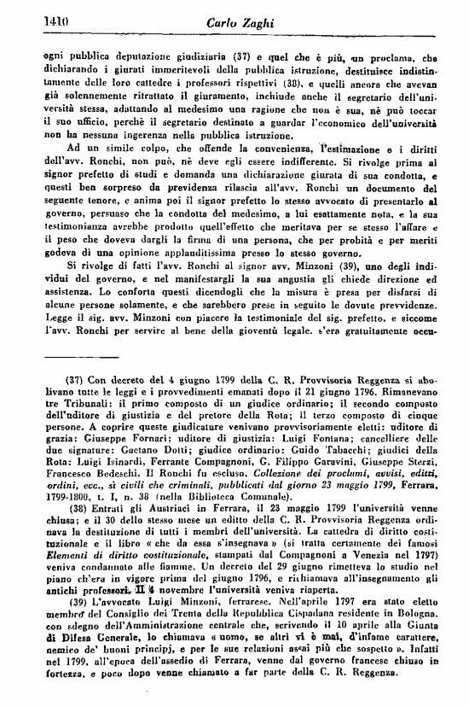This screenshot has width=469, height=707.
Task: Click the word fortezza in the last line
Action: pos(63,693)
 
